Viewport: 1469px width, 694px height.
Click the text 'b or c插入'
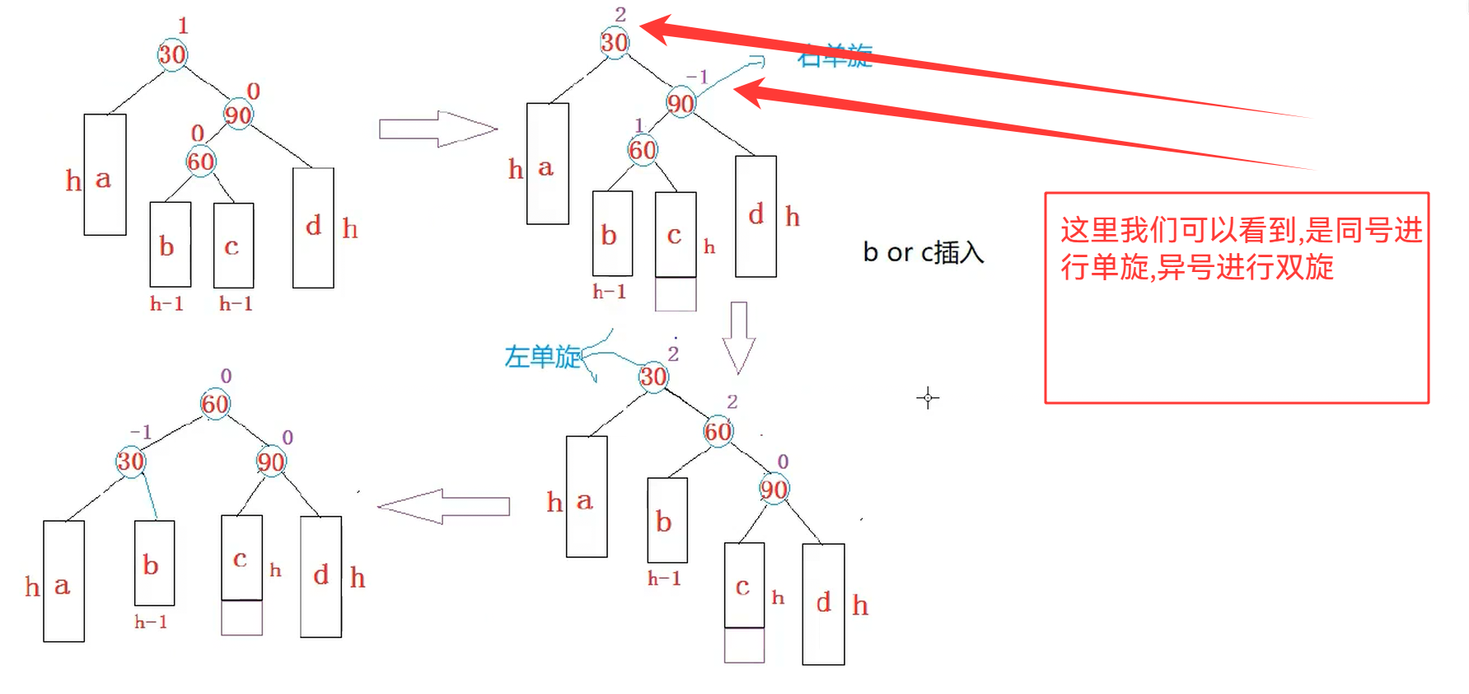(x=923, y=252)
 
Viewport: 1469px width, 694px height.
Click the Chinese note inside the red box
(x=1240, y=248)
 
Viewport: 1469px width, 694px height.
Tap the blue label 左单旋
(x=542, y=357)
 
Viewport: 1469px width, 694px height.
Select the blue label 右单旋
(x=835, y=56)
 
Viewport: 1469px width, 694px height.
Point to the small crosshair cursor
(x=928, y=398)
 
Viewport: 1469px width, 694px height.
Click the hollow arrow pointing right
(x=437, y=129)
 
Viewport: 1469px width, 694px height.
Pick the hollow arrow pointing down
(x=738, y=337)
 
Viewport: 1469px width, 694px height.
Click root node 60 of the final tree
(x=215, y=404)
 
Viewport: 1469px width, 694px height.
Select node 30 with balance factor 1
(x=172, y=54)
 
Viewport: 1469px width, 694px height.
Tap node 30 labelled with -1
(x=130, y=462)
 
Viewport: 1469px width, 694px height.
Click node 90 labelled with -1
(x=681, y=103)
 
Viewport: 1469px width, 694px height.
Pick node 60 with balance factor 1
(x=643, y=150)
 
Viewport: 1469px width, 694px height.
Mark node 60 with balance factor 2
(x=718, y=431)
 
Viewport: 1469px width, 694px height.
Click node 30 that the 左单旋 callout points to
(x=653, y=377)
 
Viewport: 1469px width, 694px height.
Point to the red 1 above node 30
(x=183, y=26)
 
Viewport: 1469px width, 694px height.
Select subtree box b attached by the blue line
(x=154, y=563)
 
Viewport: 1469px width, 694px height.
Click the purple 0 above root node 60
(x=226, y=376)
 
